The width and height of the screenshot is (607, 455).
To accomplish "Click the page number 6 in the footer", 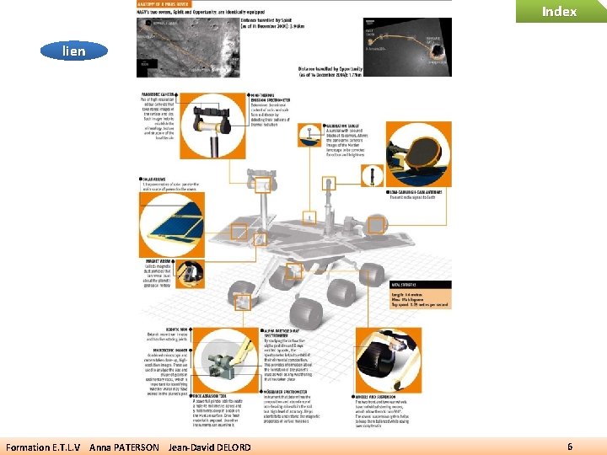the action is pos(571,446).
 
